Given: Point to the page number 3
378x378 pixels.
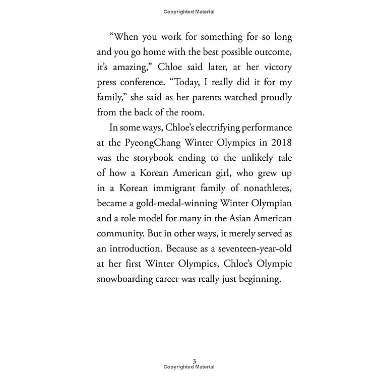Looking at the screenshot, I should tap(194, 360).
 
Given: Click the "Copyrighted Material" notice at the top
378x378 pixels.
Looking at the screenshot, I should tap(189, 11).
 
